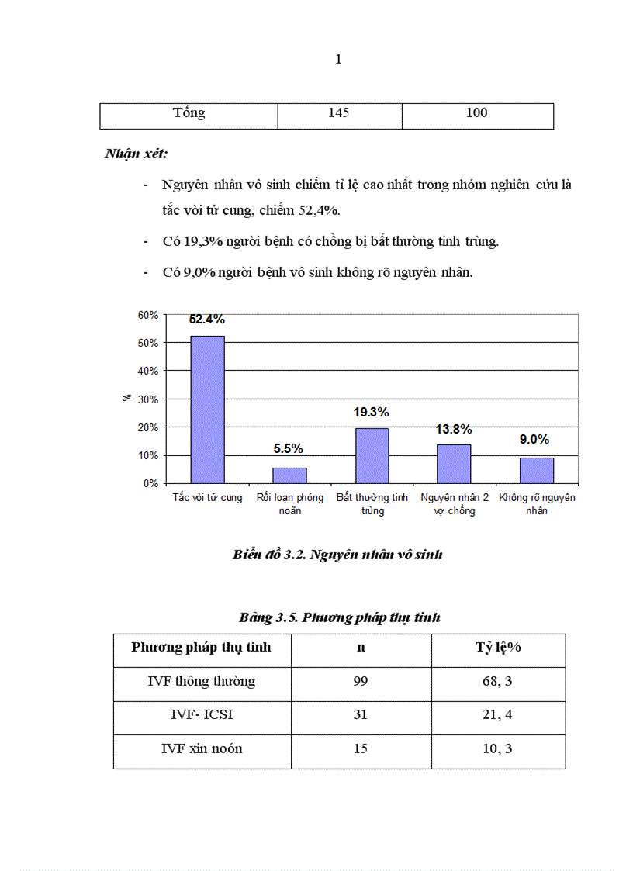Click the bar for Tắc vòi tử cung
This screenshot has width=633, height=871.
pos(208,409)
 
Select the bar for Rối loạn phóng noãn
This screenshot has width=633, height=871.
pos(289,475)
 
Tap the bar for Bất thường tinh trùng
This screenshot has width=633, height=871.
pos(372,455)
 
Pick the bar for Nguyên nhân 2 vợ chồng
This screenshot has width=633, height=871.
pos(454,463)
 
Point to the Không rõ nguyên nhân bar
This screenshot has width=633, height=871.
pos(536,470)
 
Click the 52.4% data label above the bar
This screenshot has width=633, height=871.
pos(207,320)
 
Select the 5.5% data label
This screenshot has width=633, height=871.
pos(288,448)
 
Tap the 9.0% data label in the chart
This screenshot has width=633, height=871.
pos(534,440)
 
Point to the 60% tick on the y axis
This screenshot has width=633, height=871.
pos(148,315)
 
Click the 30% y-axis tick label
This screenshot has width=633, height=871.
pos(148,399)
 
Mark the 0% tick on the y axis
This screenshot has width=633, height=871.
pos(150,483)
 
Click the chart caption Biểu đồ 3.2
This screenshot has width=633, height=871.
pos(337,555)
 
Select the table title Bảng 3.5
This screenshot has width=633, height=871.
pos(339,618)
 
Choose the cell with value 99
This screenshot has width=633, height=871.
pos(360,682)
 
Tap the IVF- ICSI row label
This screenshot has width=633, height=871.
pos(202,715)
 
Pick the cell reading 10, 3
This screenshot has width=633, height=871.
pos(497,749)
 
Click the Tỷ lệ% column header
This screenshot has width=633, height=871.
pos(497,648)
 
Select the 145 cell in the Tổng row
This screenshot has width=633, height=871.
pos(338,113)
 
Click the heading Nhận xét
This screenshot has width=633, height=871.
pos(136,154)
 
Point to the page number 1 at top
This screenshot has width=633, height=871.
pos(338,60)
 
